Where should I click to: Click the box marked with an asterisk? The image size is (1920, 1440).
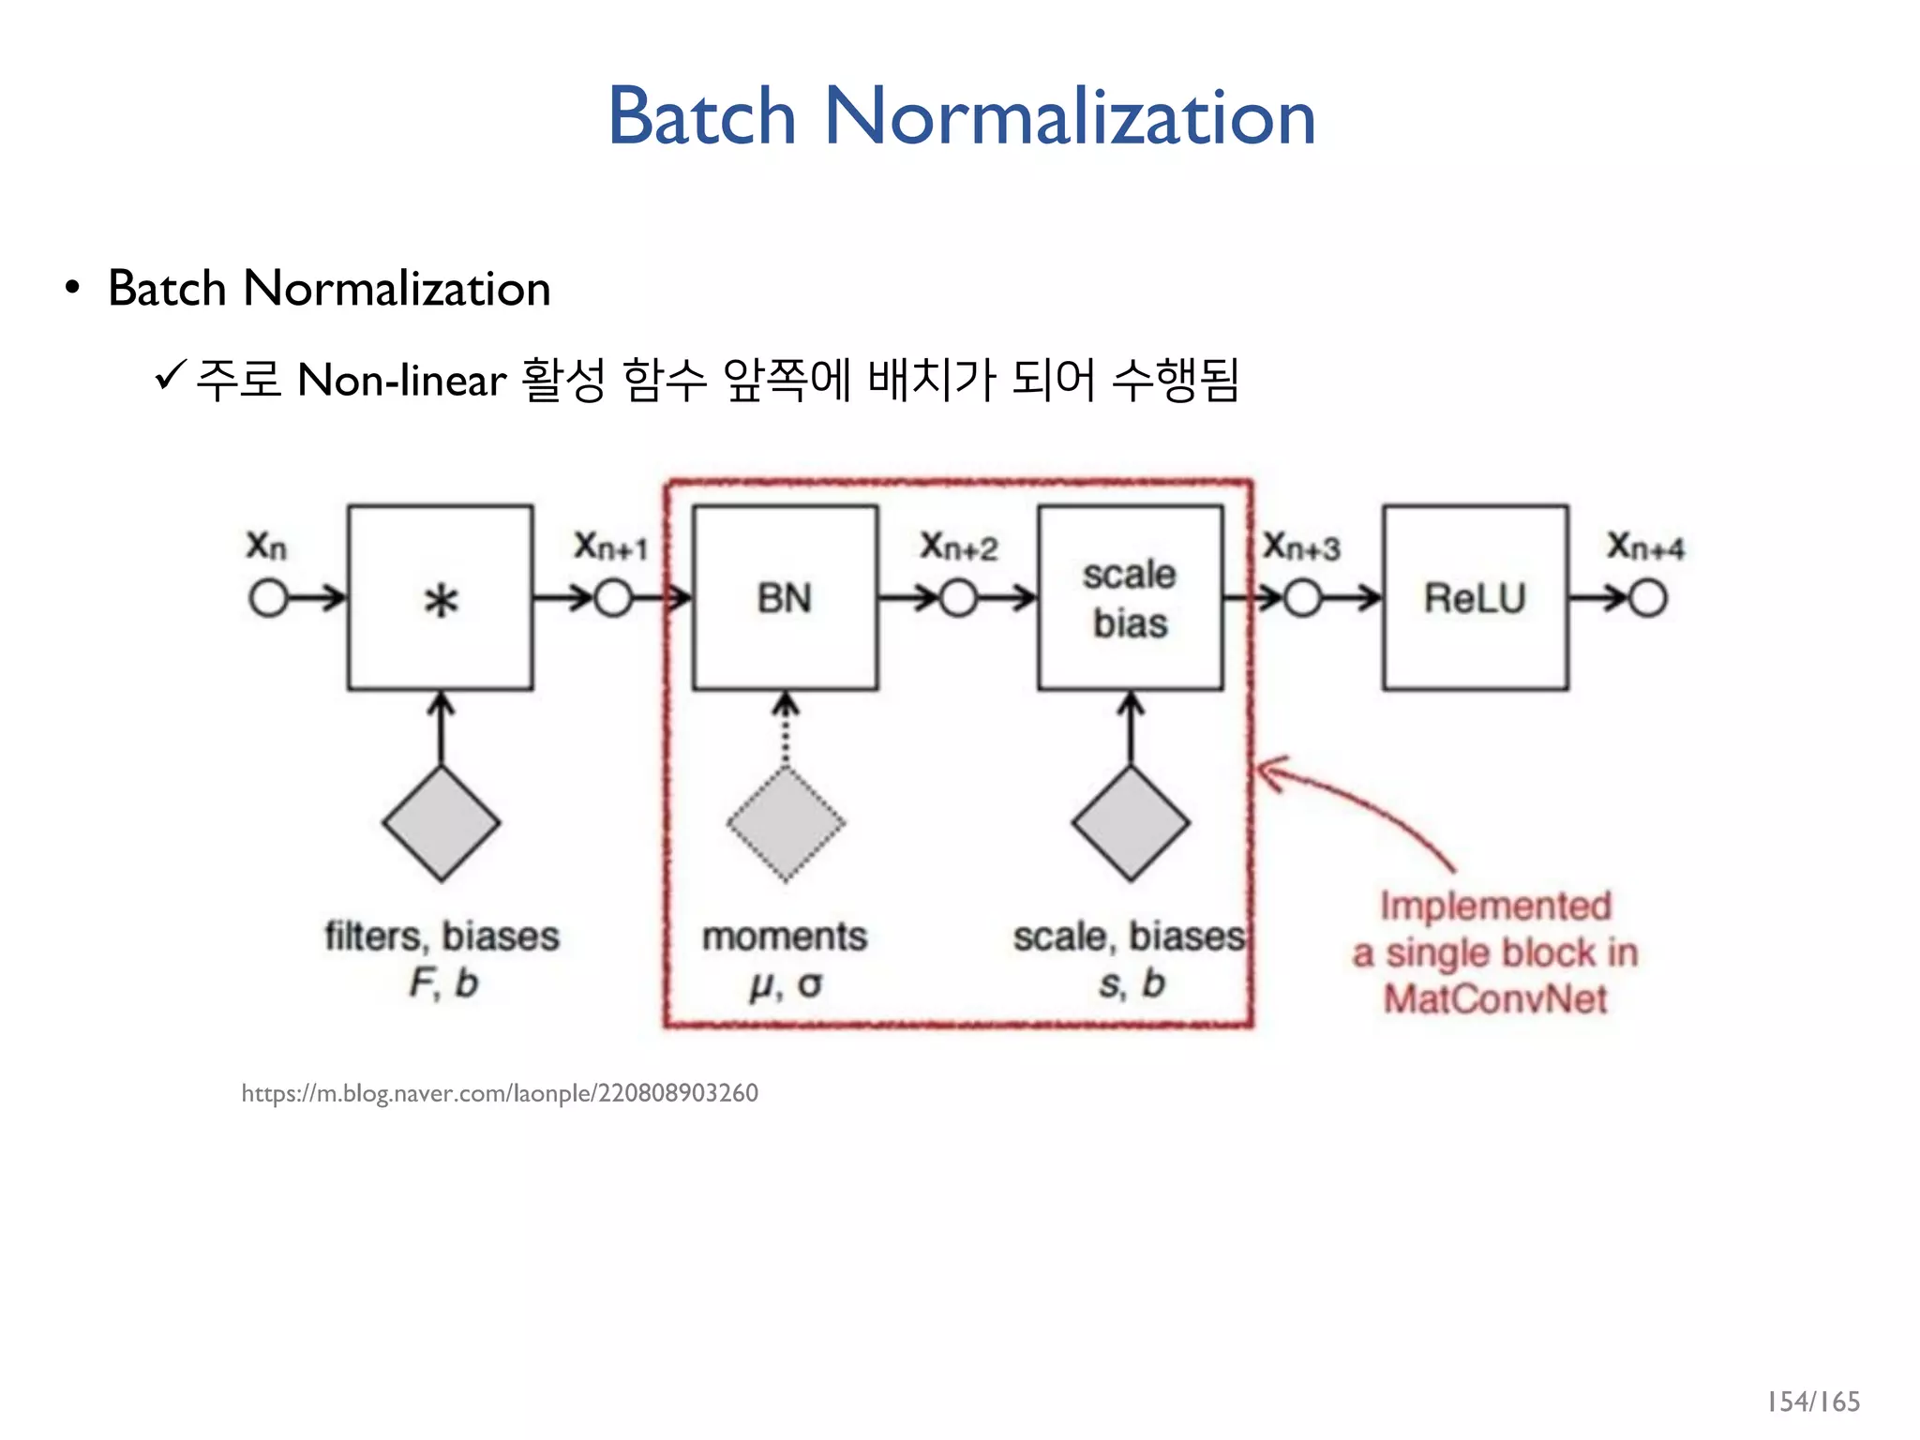click(x=441, y=598)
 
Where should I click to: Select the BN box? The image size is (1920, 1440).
click(x=785, y=598)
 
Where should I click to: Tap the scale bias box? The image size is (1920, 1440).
click(x=1130, y=598)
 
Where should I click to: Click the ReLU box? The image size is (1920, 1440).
click(x=1475, y=598)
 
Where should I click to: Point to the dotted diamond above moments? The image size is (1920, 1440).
click(x=786, y=824)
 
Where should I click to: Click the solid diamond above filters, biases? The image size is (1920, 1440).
click(x=441, y=824)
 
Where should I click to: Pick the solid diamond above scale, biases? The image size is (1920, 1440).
click(x=1131, y=824)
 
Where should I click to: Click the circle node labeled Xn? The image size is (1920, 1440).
click(x=268, y=598)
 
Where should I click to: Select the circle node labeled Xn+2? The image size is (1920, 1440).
click(x=958, y=598)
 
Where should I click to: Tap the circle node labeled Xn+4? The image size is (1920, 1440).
click(x=1648, y=598)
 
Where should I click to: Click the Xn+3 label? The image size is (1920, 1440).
click(x=1301, y=546)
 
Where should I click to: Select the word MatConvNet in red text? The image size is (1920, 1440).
click(x=1495, y=999)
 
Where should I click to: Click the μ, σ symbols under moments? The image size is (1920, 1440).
click(x=786, y=984)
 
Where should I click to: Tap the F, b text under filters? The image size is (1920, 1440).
click(x=442, y=983)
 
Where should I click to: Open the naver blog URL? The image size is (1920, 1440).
click(x=500, y=1093)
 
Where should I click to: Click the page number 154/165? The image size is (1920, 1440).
click(x=1813, y=1402)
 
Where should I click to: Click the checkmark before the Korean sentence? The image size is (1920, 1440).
click(x=171, y=377)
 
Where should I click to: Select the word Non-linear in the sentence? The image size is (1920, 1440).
click(x=401, y=381)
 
